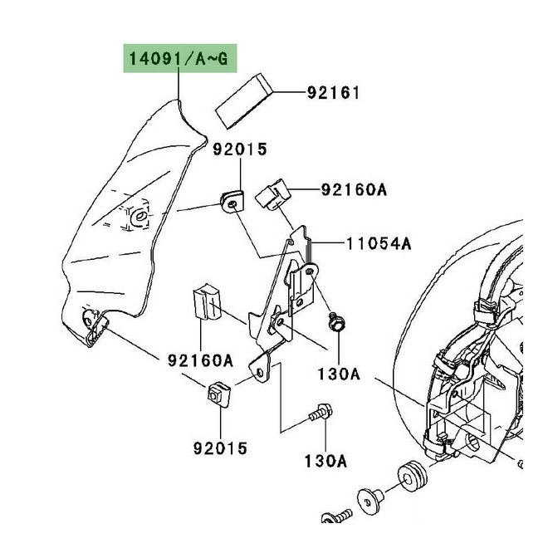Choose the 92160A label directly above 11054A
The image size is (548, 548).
(x=353, y=190)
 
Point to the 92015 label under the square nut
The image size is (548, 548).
(x=219, y=448)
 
